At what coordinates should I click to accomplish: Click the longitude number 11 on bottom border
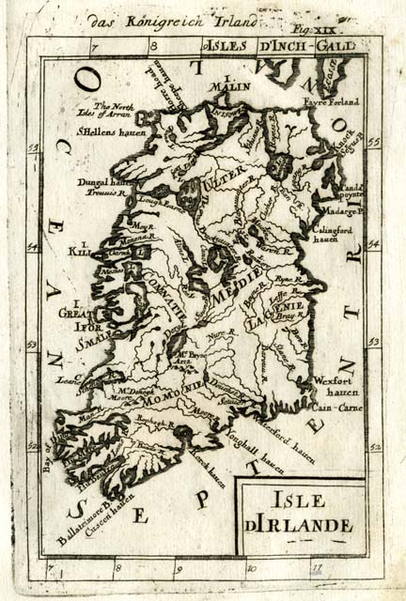317,567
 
